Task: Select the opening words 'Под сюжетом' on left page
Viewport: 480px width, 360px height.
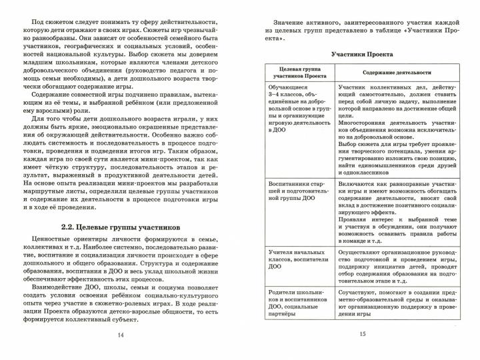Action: [x=51, y=12]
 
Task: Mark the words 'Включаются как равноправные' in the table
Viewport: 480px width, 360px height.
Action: [x=378, y=181]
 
